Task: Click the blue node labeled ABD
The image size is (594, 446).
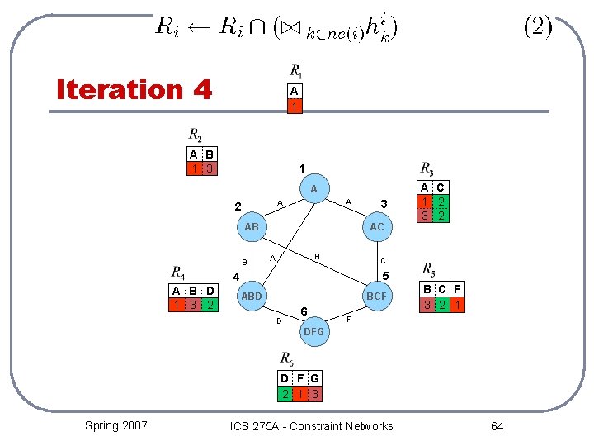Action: (x=252, y=296)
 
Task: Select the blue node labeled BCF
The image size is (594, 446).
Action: (x=376, y=296)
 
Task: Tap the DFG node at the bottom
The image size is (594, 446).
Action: (x=313, y=331)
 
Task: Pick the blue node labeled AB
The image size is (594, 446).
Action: (x=252, y=226)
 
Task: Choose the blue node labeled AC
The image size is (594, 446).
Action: (x=376, y=226)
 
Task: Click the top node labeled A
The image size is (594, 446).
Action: (x=313, y=189)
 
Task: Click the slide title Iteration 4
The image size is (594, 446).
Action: (x=134, y=89)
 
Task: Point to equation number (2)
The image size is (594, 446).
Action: (x=537, y=26)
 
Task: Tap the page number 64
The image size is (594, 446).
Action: (x=497, y=426)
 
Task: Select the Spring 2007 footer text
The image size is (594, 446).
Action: (x=116, y=425)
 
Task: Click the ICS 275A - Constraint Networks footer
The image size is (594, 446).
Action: (x=312, y=426)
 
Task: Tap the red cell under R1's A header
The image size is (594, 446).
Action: (x=294, y=107)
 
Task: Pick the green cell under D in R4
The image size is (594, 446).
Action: (x=210, y=305)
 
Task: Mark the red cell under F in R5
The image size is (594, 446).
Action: (x=456, y=304)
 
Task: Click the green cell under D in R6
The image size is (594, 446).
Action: (x=285, y=394)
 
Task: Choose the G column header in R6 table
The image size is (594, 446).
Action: (x=314, y=379)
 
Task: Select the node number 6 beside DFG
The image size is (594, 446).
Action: (x=304, y=311)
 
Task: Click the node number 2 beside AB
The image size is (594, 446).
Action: (x=237, y=206)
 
